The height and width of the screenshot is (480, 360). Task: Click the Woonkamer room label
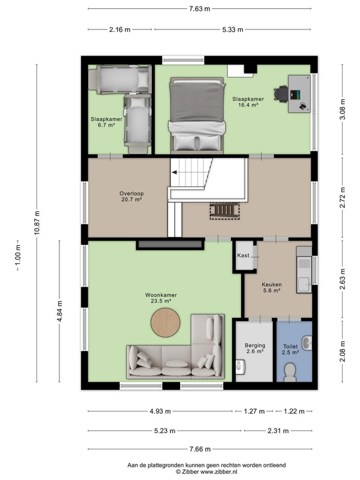(161, 295)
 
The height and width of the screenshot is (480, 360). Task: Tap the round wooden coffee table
(166, 323)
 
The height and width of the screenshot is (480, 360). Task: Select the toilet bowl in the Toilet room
(290, 372)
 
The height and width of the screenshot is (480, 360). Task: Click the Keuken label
(272, 284)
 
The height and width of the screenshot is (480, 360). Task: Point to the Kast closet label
(243, 256)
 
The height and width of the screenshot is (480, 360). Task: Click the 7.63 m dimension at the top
(200, 8)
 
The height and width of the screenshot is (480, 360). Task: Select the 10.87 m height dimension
(37, 223)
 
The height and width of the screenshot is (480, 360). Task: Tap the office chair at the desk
(281, 93)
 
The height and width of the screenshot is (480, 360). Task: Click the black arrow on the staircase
(174, 172)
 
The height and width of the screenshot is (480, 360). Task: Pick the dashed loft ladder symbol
(224, 211)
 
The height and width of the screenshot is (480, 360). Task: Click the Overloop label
(131, 193)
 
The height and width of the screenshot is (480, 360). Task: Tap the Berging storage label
(255, 346)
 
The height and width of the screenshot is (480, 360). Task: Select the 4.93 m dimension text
(160, 411)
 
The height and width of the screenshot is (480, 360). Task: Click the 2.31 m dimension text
(278, 431)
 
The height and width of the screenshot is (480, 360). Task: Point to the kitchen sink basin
(304, 284)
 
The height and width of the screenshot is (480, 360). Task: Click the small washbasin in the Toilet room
(307, 343)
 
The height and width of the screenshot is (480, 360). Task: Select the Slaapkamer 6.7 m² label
(106, 122)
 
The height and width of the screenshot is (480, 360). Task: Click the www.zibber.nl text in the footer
(218, 472)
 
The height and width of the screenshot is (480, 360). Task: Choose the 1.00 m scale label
(18, 255)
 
